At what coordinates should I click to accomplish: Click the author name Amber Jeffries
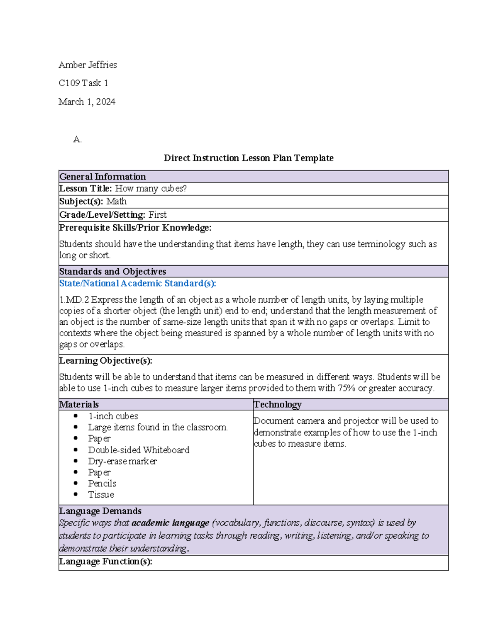88,65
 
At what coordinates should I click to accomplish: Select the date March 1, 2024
87,102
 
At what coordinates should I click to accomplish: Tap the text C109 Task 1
83,83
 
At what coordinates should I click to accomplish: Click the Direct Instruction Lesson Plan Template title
249,158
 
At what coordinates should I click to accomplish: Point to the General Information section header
103,177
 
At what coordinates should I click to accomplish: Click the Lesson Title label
85,189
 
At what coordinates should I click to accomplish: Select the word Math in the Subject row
117,202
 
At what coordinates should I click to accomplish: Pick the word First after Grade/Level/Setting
158,215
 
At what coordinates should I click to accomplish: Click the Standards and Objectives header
112,272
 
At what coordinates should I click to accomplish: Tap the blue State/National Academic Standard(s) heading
137,284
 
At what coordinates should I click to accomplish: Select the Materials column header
79,405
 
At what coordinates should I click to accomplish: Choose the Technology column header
277,405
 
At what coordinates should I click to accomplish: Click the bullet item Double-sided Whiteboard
139,450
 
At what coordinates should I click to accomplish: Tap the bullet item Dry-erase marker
122,461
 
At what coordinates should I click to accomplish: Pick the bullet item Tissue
101,495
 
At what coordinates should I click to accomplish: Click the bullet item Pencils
102,484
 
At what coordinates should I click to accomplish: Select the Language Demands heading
100,511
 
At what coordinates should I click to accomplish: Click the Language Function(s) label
105,561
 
